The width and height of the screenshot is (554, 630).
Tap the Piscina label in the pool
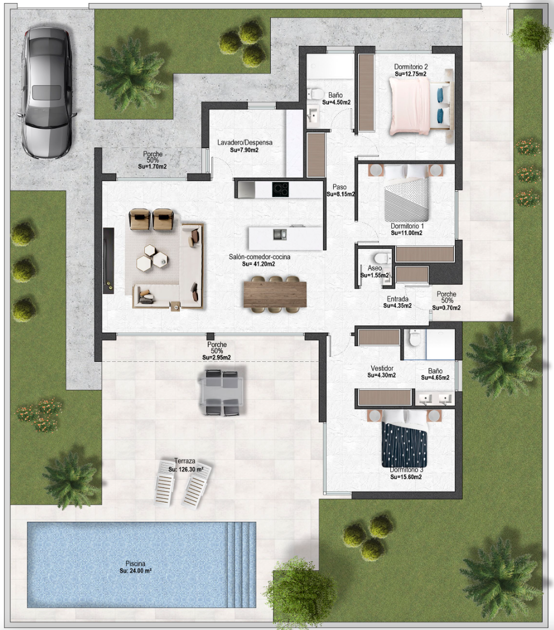click(135, 564)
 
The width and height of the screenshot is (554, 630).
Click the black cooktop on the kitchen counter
click(280, 189)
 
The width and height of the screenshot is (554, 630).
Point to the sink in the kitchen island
click(280, 234)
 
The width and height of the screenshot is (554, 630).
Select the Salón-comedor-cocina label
click(260, 257)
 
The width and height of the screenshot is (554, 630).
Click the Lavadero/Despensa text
click(244, 143)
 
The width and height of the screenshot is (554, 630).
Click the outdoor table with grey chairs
click(222, 393)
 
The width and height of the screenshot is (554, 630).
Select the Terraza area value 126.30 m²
click(186, 469)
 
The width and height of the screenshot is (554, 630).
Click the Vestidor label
click(382, 368)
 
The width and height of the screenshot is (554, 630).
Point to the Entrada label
click(397, 299)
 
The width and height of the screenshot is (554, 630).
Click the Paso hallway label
click(340, 187)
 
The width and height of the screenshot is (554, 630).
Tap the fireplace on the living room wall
click(108, 261)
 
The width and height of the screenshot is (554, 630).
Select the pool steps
click(241, 564)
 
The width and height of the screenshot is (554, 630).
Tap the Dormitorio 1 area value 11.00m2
click(406, 233)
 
